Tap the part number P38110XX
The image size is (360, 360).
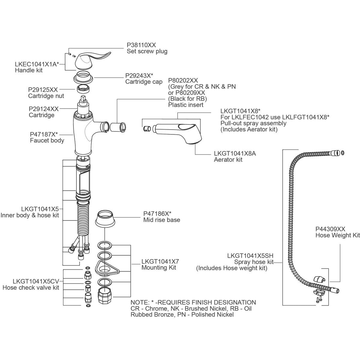click(x=141, y=45)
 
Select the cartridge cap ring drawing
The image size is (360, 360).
click(x=83, y=77)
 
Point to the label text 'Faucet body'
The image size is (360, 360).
click(x=47, y=140)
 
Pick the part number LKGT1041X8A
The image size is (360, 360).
click(x=235, y=153)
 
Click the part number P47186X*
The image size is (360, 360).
click(x=157, y=214)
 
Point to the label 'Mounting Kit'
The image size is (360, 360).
click(x=159, y=268)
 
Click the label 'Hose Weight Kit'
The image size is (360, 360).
click(x=337, y=235)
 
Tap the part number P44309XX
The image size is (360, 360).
click(x=330, y=229)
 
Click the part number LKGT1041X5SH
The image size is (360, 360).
click(x=250, y=256)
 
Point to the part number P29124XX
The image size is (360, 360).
click(x=44, y=109)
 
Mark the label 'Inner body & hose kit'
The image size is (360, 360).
click(x=30, y=215)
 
